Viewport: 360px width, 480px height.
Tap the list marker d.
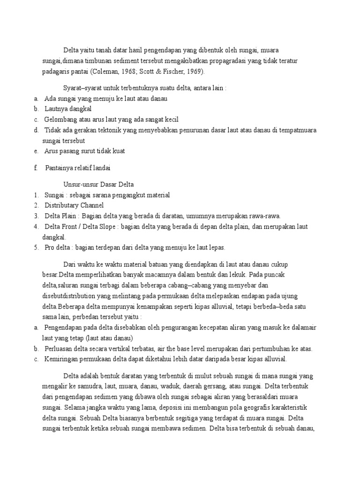[x=36, y=130]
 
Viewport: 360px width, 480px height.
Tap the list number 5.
[x=36, y=247]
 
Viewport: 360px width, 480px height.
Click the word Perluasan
[x=60, y=349]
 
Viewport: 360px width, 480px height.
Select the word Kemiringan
[x=62, y=359]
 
